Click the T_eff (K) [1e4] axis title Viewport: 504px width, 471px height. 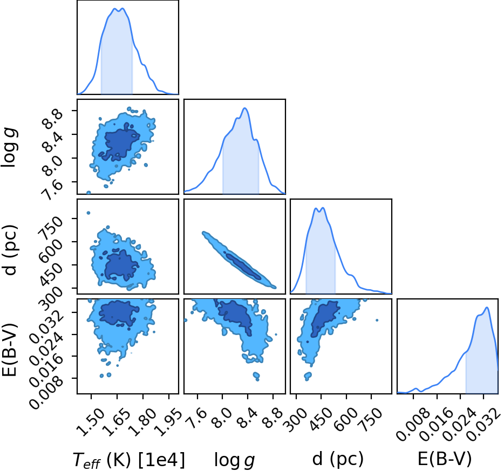click(129, 460)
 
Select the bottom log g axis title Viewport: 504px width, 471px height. click(235, 461)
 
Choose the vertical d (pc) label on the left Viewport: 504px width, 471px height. click(10, 250)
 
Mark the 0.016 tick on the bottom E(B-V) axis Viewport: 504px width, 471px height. click(431, 425)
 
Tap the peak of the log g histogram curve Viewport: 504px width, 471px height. click(245, 108)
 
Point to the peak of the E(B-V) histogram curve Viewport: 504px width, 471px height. click(487, 308)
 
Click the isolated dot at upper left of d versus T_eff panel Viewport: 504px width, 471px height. click(88, 213)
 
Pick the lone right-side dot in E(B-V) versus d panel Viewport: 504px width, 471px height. click(377, 320)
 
